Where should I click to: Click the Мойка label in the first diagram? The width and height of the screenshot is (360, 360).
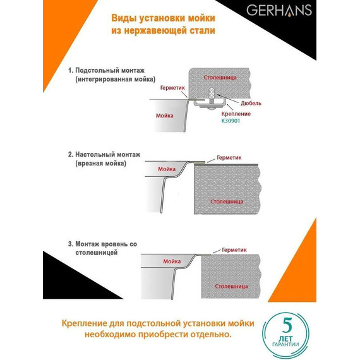coord(164,116)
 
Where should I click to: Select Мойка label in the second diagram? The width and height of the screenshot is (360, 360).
coord(166,169)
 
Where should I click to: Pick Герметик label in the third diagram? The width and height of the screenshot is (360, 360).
coord(234,249)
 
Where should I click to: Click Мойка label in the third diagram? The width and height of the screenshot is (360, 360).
coord(171,261)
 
